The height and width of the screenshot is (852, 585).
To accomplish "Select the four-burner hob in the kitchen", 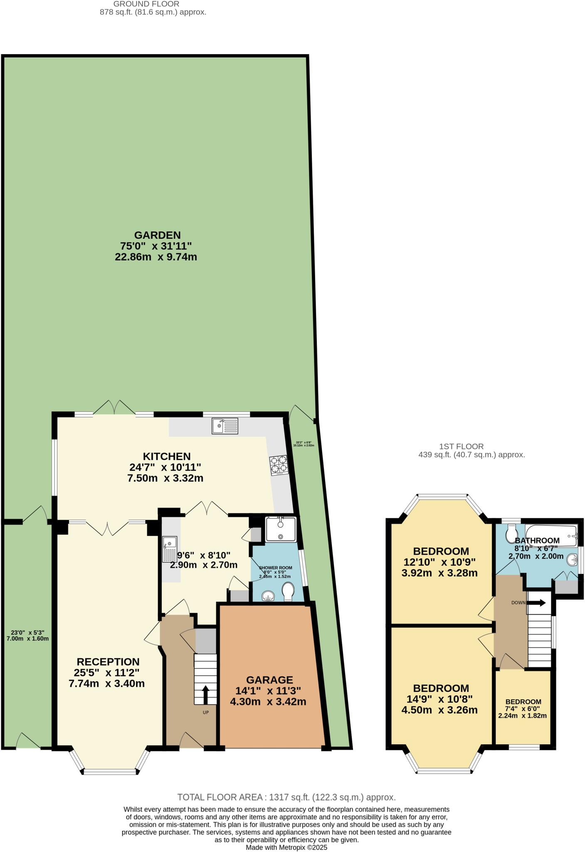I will click(x=279, y=466).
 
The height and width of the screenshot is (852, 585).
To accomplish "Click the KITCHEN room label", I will click(x=166, y=456).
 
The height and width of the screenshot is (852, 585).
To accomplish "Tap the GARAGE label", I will click(x=269, y=680).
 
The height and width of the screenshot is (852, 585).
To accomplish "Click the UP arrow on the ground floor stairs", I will click(x=205, y=694).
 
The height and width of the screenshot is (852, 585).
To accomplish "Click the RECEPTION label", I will click(x=108, y=661).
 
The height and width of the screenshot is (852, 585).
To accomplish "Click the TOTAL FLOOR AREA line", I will click(x=286, y=797).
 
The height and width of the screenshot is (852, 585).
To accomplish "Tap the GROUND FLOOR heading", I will click(x=146, y=4).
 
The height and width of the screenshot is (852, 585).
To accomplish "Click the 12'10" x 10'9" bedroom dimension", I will click(x=439, y=562).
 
